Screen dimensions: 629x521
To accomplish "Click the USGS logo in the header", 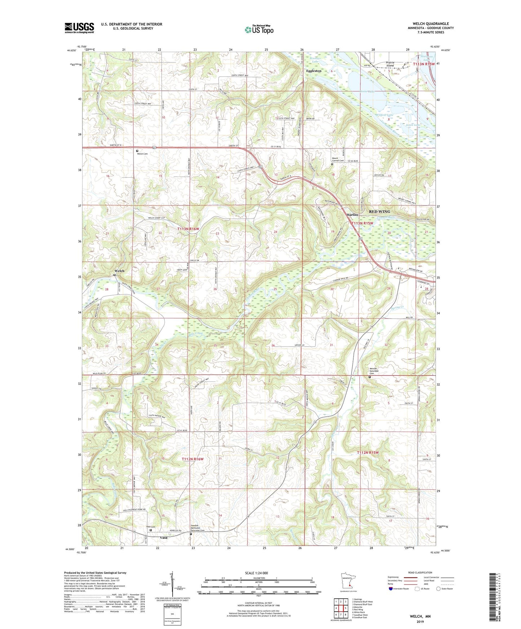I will tap(79, 28).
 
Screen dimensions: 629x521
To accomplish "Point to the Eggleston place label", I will tap(313, 71).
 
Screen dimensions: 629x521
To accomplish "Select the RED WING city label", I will tap(379, 211).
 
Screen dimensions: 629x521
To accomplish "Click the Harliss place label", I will tap(352, 215).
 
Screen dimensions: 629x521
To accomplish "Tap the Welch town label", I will tap(119, 271).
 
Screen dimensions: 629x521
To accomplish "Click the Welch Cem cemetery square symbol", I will tap(137, 151).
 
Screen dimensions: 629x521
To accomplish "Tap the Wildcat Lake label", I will tap(385, 115).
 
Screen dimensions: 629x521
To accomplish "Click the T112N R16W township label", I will tap(193, 459).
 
